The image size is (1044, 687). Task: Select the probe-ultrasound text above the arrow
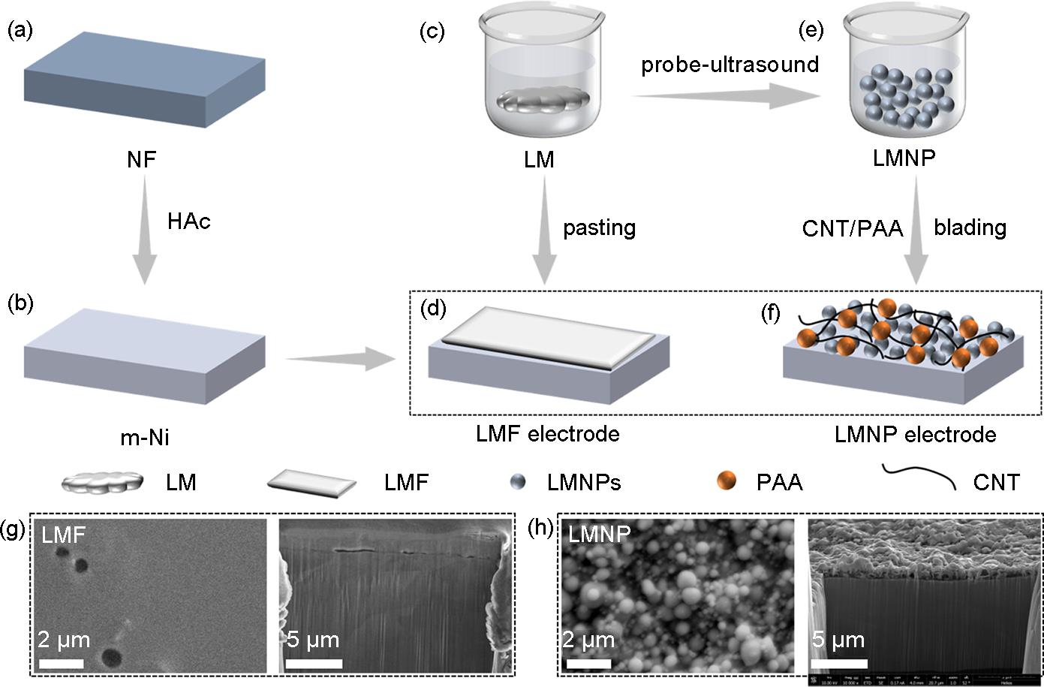click(730, 65)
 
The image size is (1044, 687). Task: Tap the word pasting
click(599, 227)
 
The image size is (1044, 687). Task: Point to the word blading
click(970, 227)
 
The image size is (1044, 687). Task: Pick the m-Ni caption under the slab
click(145, 438)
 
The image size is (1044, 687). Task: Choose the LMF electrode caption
click(547, 433)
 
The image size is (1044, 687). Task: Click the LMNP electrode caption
click(915, 434)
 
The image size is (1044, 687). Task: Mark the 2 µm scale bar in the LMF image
click(60, 663)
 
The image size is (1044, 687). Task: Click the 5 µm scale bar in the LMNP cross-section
click(841, 664)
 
